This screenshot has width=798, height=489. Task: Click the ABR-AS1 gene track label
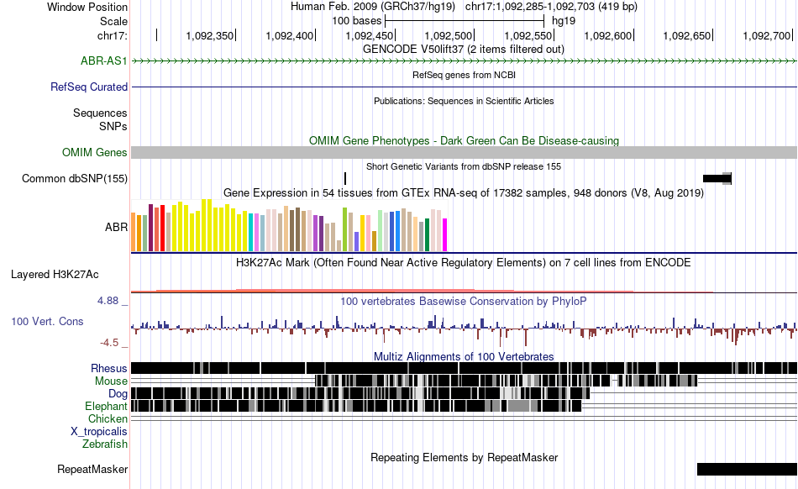104,61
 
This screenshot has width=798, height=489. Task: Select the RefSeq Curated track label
89,87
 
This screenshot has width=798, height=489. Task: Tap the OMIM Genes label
95,153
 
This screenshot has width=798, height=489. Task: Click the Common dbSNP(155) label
75,179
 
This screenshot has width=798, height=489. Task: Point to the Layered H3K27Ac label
55,275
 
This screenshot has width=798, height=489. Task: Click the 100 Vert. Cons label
47,322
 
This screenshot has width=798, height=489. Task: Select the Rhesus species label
109,368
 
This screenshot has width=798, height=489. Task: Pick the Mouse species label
111,381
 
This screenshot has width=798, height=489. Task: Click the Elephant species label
106,406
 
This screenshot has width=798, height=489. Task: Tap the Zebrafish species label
105,444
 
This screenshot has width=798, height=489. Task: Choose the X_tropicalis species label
99,432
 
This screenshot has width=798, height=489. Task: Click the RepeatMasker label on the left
92,470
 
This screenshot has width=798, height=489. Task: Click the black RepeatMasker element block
747,469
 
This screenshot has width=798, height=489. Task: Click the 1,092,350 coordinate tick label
210,35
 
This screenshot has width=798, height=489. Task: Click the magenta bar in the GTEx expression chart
445,234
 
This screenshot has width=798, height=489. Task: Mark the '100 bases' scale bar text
357,21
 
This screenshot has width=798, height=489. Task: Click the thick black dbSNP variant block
717,179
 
